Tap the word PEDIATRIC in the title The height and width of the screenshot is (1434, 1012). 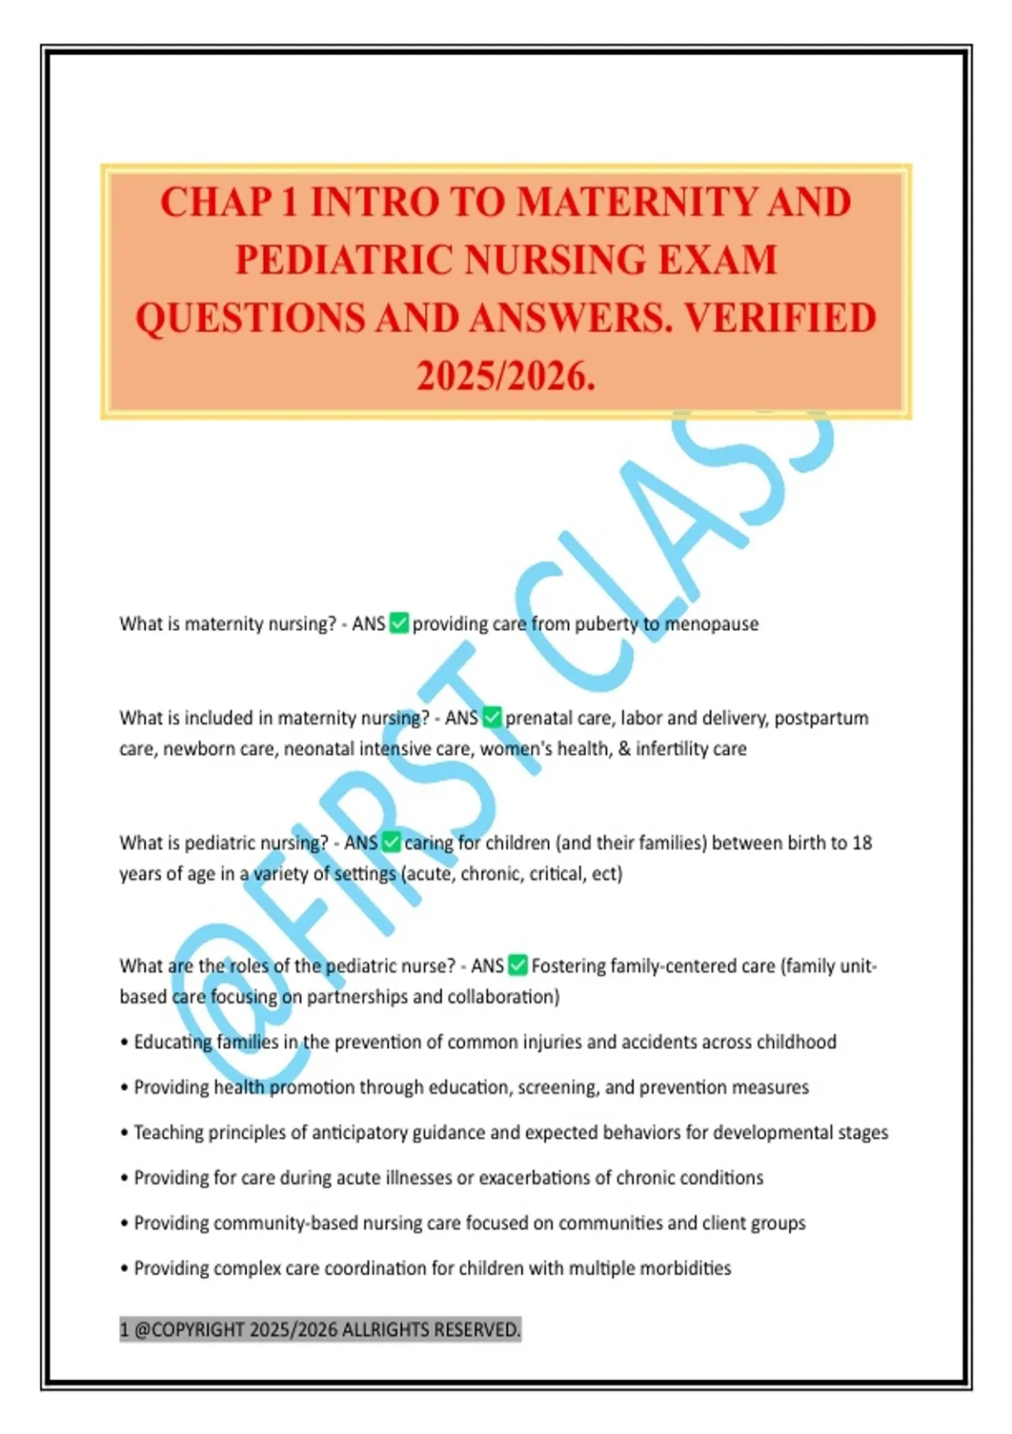344,260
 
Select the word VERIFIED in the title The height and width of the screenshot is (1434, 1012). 780,318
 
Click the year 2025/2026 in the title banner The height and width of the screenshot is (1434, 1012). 506,375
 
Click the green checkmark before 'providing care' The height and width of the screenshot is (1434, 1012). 399,623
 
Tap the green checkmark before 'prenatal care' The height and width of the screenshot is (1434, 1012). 492,718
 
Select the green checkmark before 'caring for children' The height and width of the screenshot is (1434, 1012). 391,842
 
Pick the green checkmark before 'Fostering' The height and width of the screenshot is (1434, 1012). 519,965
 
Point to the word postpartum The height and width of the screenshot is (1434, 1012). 821,718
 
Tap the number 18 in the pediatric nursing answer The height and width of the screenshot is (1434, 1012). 861,843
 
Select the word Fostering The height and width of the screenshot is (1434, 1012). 568,966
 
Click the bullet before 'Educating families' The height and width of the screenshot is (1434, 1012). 124,1043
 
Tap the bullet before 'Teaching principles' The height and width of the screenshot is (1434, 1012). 124,1133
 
